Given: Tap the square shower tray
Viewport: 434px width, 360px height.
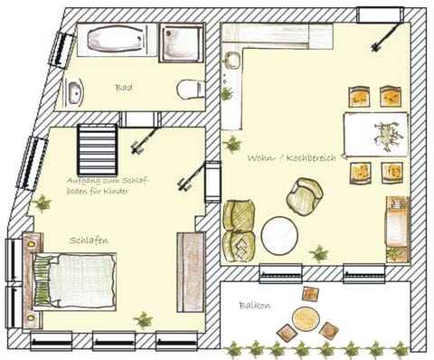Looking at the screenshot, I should point(181,43).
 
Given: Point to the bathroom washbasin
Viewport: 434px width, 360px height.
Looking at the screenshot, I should point(74,91).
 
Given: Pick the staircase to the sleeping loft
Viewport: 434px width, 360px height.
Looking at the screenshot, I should point(97,150).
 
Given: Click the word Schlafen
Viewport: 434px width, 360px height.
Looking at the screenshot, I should point(90,241).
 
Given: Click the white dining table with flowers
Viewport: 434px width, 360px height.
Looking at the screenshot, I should point(375,134).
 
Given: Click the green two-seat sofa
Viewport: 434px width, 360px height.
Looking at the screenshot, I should point(238,230).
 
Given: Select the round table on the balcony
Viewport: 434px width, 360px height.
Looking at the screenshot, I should point(306,319).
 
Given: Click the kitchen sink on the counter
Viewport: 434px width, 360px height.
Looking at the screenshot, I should point(231,64).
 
